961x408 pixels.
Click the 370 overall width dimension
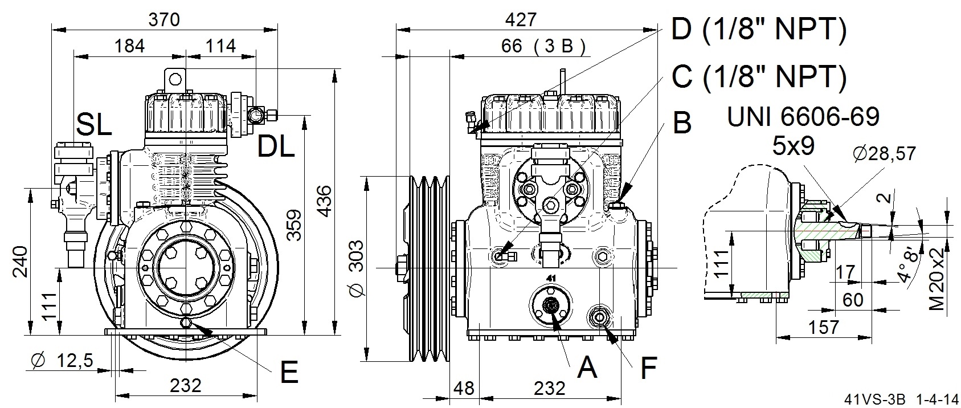(164, 20)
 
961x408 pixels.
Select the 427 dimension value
(521, 20)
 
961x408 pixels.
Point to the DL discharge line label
(276, 146)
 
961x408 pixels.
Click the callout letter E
(289, 372)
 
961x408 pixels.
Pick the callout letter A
(587, 367)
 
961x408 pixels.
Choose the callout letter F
(648, 367)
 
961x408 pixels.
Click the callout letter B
(682, 123)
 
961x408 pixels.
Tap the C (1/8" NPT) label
(759, 77)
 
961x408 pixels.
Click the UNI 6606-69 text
(803, 116)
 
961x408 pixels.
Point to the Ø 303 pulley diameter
(357, 268)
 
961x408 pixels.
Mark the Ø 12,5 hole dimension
(62, 360)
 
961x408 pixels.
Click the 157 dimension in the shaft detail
(823, 328)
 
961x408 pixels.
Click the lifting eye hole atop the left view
(175, 79)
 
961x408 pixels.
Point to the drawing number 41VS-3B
(875, 399)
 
